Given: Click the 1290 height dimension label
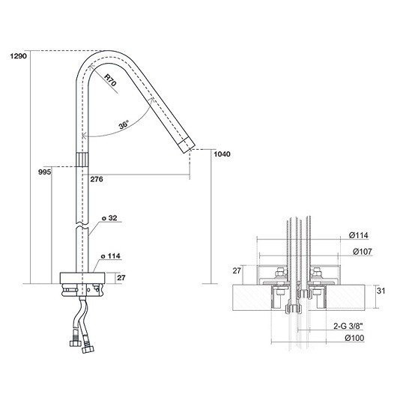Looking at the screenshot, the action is [18, 56].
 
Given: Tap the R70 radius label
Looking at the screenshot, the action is [110, 80].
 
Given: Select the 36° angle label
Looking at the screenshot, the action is [124, 125].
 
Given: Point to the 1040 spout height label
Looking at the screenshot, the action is [222, 154].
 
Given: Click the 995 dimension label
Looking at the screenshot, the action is [44, 172].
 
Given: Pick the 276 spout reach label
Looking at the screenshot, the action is [97, 179].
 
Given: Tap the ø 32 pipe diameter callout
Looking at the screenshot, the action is [109, 218].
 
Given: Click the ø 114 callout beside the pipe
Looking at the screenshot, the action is [110, 256].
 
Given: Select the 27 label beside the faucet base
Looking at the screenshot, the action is [121, 278].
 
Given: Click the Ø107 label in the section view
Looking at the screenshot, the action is [363, 252].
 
